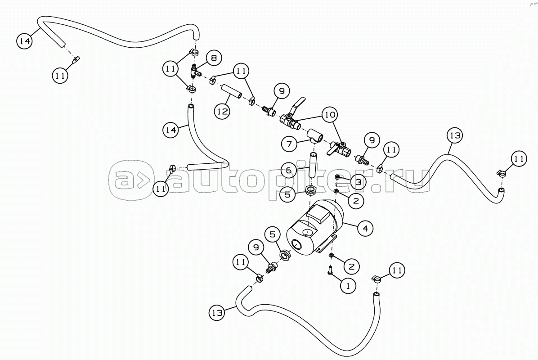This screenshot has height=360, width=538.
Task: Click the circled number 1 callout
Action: [349, 286]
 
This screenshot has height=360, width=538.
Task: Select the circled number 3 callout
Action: [358, 182]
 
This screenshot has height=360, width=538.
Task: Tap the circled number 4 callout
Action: [365, 228]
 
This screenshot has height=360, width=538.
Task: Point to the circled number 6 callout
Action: [289, 170]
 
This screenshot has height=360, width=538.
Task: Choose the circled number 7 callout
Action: [289, 144]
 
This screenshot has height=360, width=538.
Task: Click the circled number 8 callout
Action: [214, 58]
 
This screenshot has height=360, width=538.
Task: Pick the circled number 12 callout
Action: [222, 111]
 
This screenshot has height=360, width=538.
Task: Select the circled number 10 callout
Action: [330, 115]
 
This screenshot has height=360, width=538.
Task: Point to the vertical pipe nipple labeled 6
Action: [312, 165]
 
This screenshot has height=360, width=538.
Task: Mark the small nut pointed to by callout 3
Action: [338, 177]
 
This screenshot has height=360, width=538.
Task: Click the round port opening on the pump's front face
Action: [297, 245]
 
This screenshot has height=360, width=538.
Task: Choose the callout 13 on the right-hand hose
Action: [455, 135]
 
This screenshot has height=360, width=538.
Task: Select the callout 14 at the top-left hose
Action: [25, 41]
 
